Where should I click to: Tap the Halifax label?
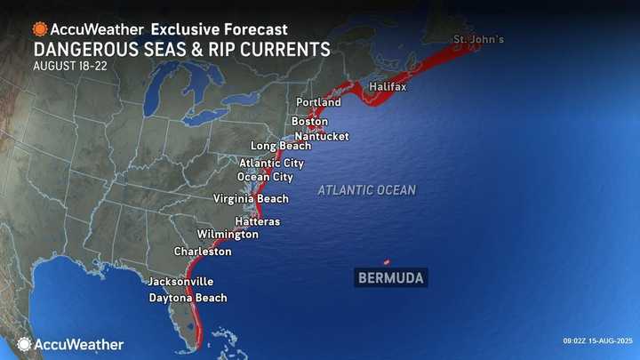(388, 87)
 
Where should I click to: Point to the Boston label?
(309, 121)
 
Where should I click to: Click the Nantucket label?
(322, 136)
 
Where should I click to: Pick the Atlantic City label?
(271, 164)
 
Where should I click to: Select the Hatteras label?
(257, 220)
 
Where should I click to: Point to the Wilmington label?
(228, 235)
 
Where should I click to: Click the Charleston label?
(203, 252)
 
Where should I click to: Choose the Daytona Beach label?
(188, 298)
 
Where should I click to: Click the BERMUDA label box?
(390, 278)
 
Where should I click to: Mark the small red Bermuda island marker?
(386, 261)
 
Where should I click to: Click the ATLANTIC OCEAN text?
(366, 190)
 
